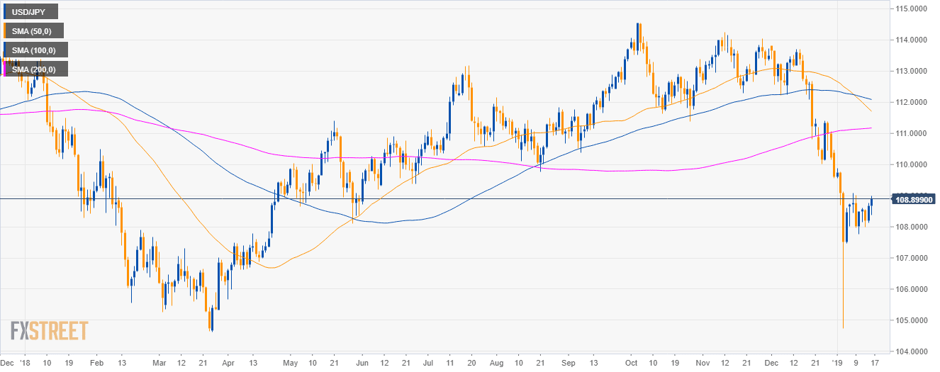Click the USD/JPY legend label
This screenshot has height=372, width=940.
pos(30,11)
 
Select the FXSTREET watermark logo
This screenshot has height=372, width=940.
pos(49,331)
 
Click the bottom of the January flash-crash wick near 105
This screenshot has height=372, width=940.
pos(843,327)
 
